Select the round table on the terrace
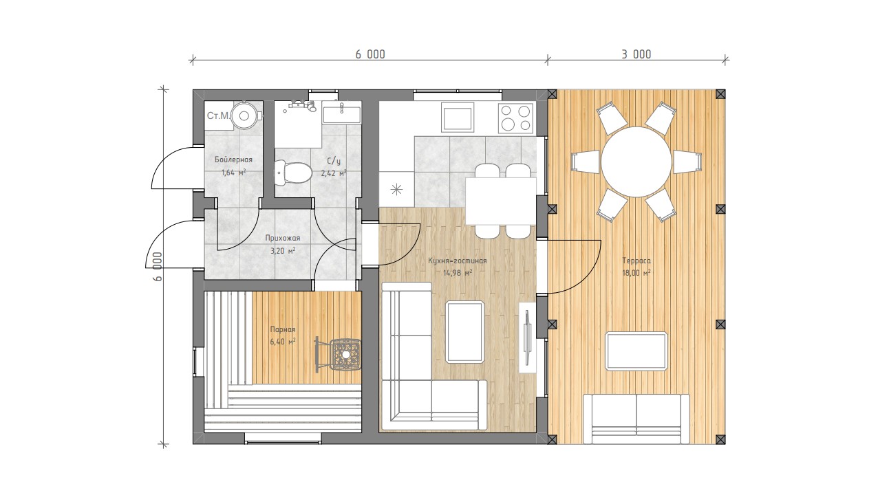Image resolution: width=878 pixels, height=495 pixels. tap(636, 162)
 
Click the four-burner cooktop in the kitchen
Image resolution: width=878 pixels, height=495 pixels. tap(515, 118)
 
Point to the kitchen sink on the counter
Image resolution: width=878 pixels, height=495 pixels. tap(458, 117)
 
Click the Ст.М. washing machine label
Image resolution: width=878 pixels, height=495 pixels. tap(218, 115)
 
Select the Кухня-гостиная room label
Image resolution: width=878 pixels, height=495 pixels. tap(457, 261)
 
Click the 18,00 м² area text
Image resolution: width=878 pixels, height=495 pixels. tap(636, 272)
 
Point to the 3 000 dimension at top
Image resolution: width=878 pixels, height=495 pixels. tap(636, 54)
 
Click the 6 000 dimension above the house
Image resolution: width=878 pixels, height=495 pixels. tap(370, 54)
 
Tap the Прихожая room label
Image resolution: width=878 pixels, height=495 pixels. tap(283, 238)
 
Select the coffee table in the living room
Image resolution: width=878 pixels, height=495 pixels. tap(465, 332)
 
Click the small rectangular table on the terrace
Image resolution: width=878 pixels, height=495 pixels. tap(636, 351)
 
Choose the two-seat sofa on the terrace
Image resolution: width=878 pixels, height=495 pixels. tap(636, 419)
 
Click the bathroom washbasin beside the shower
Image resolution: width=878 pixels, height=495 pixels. tap(341, 114)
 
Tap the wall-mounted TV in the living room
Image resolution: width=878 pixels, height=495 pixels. tap(527, 337)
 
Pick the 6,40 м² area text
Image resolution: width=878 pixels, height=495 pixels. tap(283, 342)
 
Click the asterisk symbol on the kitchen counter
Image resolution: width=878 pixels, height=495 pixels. tap(396, 190)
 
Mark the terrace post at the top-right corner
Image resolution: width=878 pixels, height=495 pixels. tap(720, 94)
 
